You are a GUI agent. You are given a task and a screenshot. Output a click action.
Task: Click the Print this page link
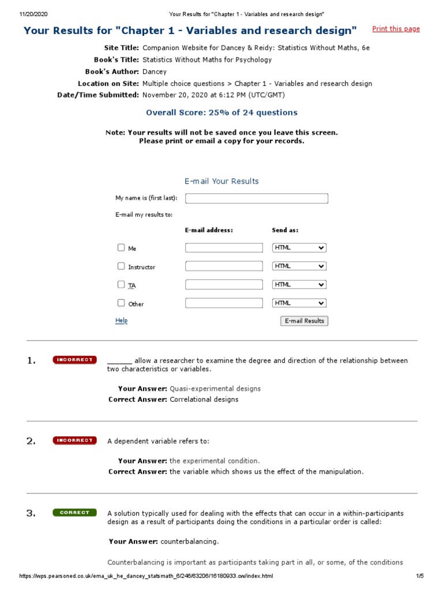point(396,29)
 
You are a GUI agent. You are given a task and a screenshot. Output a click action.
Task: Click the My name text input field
point(256,199)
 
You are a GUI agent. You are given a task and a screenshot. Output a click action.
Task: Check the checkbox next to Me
point(121,248)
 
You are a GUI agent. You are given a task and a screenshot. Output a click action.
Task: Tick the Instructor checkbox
point(121,266)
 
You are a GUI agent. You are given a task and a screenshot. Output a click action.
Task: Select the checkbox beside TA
point(121,285)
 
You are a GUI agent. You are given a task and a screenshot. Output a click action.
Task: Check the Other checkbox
point(121,303)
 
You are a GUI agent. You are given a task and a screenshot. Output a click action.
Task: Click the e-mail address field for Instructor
point(224,266)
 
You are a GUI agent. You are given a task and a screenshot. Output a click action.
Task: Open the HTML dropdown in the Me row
point(299,248)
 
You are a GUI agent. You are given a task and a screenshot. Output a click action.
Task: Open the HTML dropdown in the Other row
point(299,303)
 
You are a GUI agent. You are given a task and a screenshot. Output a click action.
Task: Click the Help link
point(121,321)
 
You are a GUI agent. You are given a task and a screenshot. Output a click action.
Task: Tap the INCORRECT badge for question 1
point(74,360)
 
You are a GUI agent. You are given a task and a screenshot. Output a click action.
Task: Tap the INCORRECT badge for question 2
point(74,440)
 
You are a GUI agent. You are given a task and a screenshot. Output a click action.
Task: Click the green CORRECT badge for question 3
point(74,513)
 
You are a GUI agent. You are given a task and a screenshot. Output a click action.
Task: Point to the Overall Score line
point(221,113)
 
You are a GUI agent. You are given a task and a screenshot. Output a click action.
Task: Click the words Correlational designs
point(204,399)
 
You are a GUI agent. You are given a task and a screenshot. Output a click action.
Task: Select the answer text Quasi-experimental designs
point(215,389)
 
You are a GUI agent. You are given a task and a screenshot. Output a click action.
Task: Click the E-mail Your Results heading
point(221,181)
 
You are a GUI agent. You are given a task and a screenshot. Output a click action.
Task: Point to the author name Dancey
point(155,72)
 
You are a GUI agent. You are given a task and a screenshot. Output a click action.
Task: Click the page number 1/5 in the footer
point(419,576)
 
